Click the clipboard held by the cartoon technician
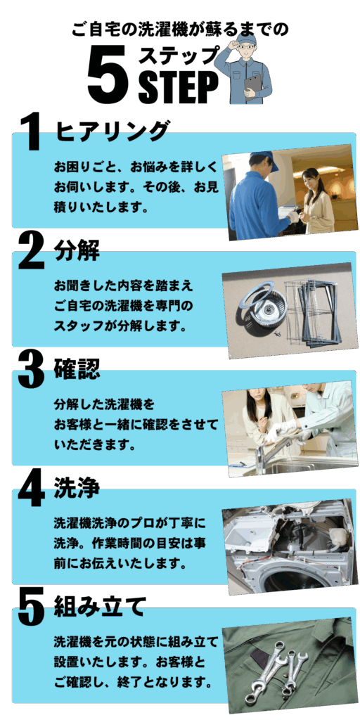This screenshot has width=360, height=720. (252, 85)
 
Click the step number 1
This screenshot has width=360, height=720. (31, 132)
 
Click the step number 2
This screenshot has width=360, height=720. (31, 251)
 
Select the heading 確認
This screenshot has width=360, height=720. (77, 369)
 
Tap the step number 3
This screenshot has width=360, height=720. (31, 370)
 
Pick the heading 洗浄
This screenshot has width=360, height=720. (77, 488)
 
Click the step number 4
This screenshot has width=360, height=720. (31, 489)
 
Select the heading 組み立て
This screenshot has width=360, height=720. (100, 607)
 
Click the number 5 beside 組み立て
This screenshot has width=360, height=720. (31, 608)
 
